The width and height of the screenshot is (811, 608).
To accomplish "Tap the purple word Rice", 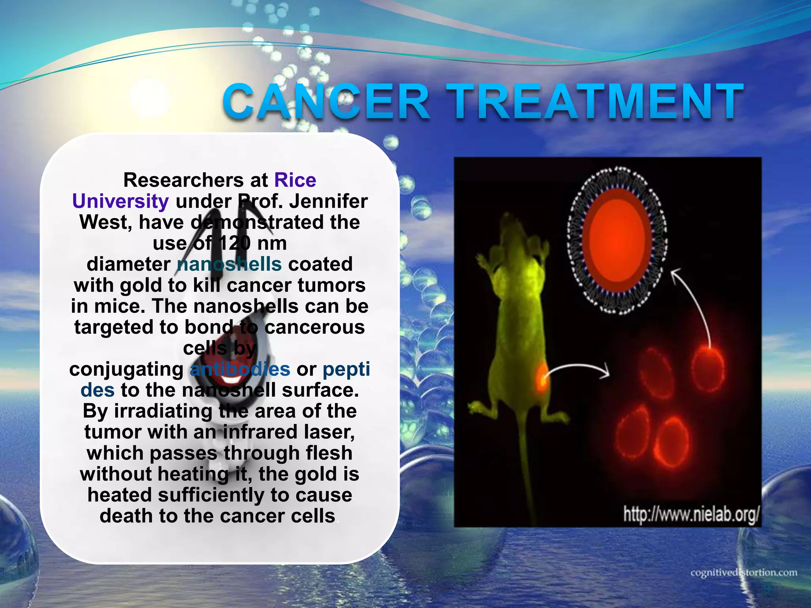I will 295,180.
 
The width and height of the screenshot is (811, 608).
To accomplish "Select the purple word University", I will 120,201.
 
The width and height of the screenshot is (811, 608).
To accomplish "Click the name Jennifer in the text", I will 328,201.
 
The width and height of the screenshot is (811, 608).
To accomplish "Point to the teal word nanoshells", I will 229,264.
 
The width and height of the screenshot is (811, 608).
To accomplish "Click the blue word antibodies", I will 240,369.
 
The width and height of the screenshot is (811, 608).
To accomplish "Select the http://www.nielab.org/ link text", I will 691,515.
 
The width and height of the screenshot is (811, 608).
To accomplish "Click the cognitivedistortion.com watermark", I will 744,573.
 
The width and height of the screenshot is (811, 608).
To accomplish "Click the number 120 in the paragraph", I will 235,243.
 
